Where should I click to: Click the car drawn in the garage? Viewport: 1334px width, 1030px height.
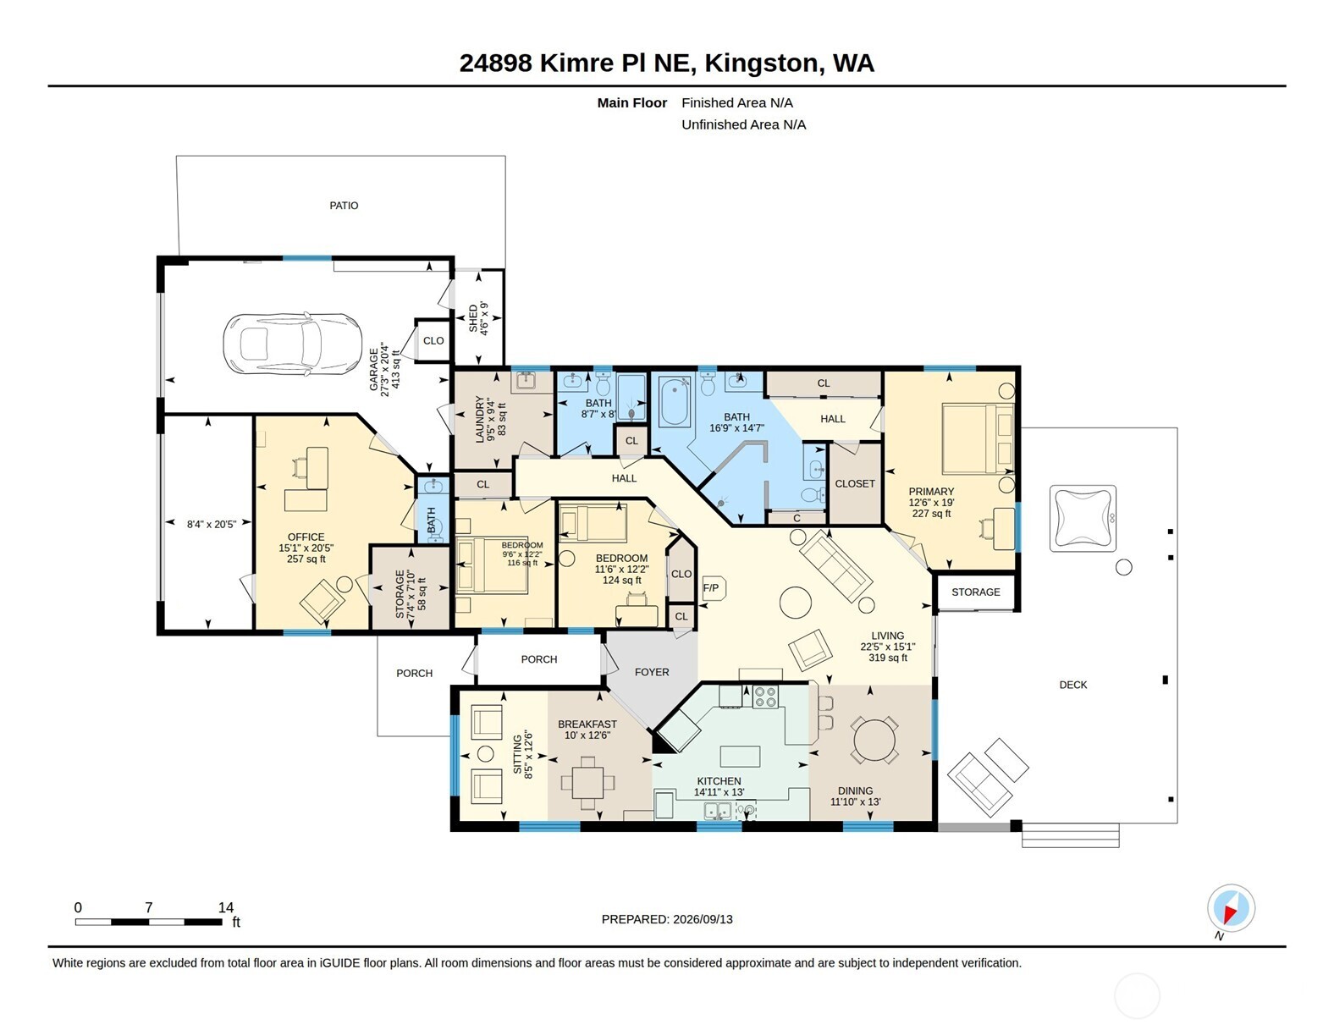click(292, 343)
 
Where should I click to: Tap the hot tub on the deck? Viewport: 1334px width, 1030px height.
click(1083, 518)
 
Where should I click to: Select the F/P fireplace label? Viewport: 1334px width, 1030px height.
click(710, 588)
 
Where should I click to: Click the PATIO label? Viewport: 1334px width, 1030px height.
click(344, 206)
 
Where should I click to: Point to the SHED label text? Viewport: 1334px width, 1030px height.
click(473, 318)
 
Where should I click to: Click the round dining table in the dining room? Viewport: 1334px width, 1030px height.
click(874, 740)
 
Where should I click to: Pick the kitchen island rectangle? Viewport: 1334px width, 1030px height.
click(740, 757)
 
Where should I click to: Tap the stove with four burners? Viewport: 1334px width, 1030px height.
click(765, 697)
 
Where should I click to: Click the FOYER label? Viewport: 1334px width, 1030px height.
click(652, 672)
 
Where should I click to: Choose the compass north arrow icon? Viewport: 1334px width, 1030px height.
click(1231, 908)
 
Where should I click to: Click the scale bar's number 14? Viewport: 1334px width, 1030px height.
click(226, 907)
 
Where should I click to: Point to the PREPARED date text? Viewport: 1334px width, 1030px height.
click(667, 919)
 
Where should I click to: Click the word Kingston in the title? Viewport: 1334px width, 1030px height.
click(761, 63)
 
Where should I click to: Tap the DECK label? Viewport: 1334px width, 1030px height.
click(1072, 685)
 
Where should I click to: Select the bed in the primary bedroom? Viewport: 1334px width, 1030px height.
click(978, 438)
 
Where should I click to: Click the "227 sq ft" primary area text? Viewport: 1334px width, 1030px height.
click(931, 513)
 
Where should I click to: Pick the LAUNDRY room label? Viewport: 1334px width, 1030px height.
click(479, 419)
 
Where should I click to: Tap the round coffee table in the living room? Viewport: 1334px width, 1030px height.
click(795, 602)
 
